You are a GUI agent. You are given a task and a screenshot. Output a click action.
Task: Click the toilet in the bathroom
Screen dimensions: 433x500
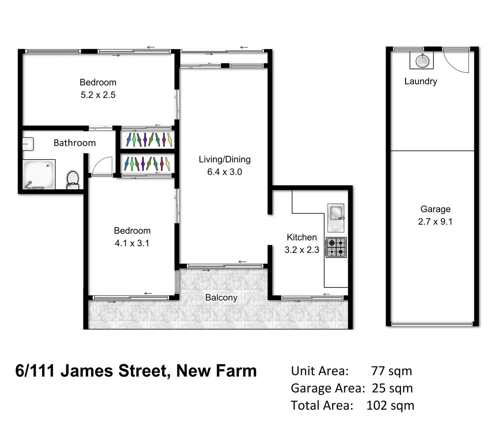[72, 179]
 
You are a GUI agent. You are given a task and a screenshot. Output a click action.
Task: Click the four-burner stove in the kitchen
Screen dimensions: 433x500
[336, 247]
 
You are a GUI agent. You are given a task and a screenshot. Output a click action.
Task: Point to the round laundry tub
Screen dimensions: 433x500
[422, 61]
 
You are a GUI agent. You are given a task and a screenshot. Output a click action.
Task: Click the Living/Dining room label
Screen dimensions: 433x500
[225, 159]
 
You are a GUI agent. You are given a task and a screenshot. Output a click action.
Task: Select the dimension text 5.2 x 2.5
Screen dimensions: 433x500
[98, 95]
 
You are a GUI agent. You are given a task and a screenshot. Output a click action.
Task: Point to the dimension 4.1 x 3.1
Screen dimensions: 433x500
[132, 243]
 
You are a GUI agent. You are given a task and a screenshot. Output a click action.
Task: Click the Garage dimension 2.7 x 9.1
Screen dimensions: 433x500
[435, 222]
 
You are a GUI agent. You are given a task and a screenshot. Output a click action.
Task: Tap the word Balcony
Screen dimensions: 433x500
[221, 297]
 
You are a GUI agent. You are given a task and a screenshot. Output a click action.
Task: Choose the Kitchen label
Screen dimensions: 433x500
[301, 237]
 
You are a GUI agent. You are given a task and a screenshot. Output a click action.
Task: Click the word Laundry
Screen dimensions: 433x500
[420, 81]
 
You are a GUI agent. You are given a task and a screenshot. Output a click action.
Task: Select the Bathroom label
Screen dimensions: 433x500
[74, 143]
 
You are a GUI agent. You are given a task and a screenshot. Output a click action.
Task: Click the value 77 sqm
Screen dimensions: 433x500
[391, 371]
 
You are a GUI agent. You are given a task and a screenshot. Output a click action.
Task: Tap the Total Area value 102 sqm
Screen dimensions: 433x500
[390, 405]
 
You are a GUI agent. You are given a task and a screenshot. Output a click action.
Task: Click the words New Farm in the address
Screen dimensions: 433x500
[216, 371]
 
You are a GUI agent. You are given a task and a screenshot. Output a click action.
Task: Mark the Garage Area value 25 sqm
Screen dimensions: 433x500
[392, 388]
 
